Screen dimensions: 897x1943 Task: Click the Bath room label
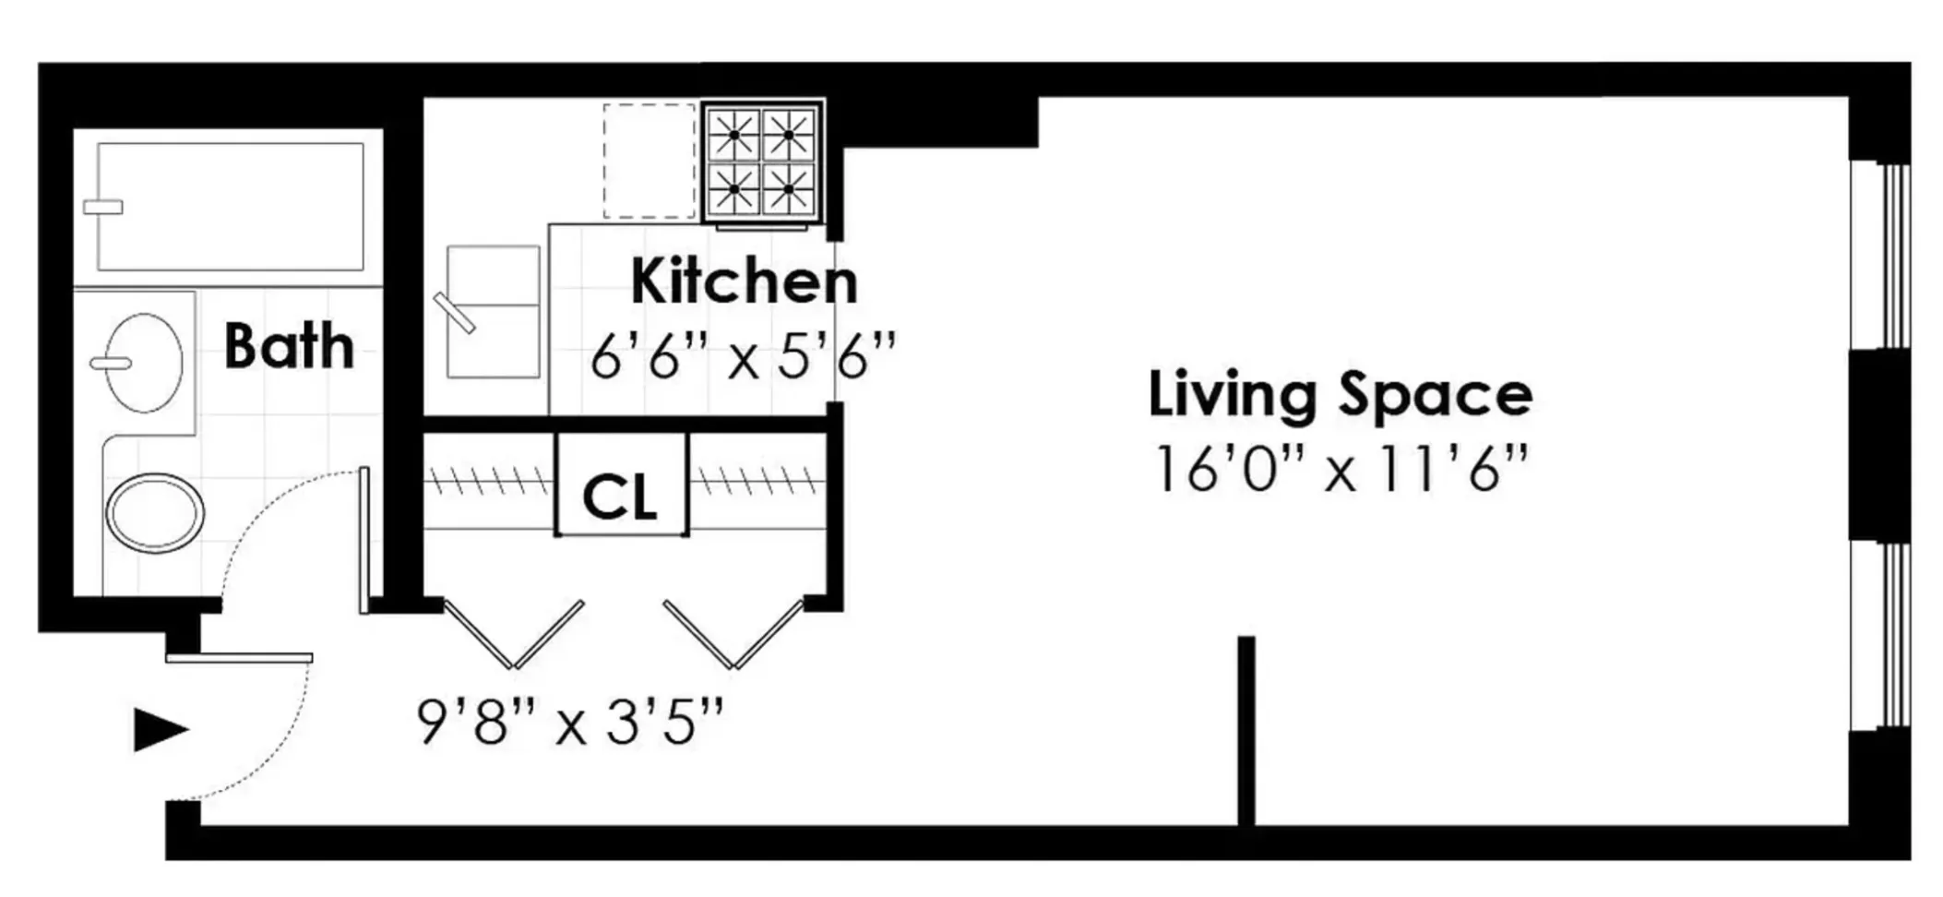pos(289,346)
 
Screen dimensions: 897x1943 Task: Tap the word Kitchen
pos(744,281)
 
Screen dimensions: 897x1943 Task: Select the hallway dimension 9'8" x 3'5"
pos(570,722)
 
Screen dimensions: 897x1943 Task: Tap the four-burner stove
pos(761,161)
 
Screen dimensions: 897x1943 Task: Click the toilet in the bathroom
pos(154,512)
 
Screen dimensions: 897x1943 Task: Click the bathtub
pos(231,207)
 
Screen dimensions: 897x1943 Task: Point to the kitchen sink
pos(493,311)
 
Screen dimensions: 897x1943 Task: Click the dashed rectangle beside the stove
pos(650,161)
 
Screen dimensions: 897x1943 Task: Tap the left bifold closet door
pos(513,635)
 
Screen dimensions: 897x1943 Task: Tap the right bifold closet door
pos(733,635)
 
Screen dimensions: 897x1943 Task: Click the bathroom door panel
pos(364,540)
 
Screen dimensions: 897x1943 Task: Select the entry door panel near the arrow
pos(239,658)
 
